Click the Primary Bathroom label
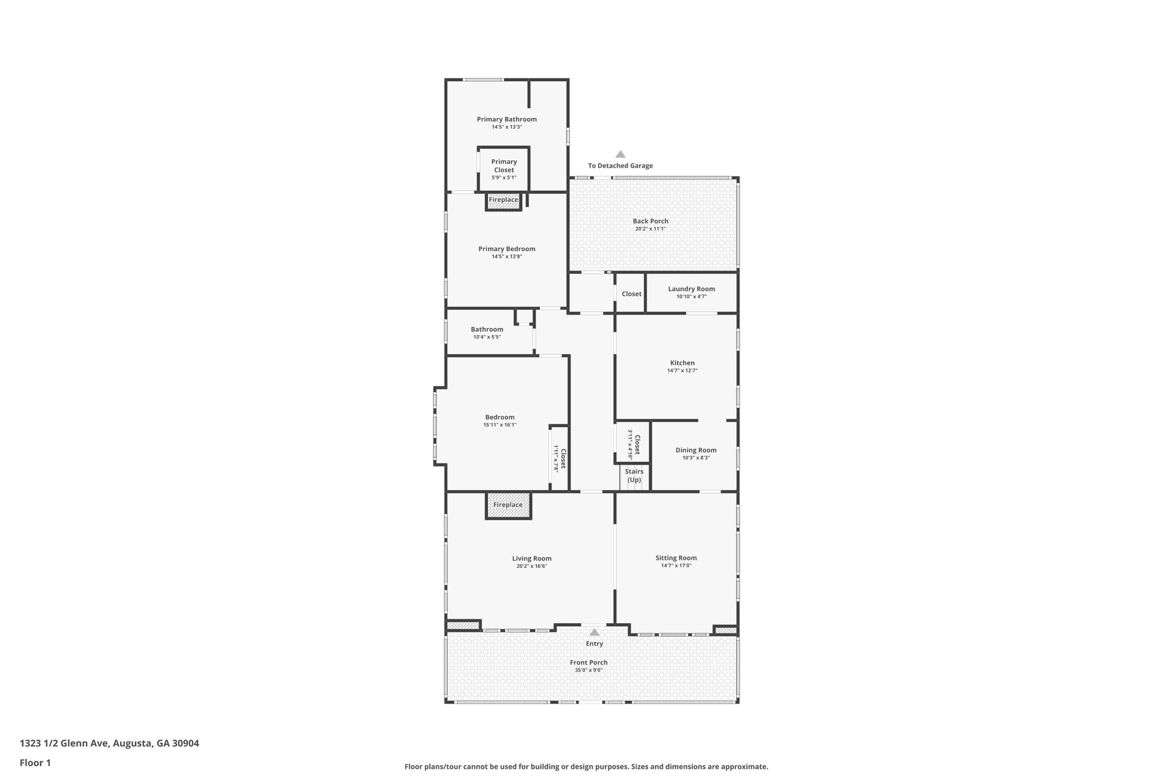coord(507,119)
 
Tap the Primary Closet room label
coord(504,166)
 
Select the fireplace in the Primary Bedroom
coord(503,202)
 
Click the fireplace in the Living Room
coord(509,505)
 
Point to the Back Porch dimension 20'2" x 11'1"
coord(651,229)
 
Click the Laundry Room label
coord(691,289)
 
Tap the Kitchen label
coord(682,363)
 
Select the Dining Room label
coord(696,450)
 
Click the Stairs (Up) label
coord(634,476)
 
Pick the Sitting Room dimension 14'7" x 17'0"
coord(676,565)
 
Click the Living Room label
coord(532,558)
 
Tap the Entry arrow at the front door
coord(595,632)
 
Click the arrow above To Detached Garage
coord(620,154)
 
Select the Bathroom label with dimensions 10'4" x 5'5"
coord(487,329)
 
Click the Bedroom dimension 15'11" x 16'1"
coord(500,425)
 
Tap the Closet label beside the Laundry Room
coord(632,294)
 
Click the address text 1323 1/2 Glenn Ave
coord(65,743)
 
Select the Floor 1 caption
coord(36,763)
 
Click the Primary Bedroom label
coord(507,249)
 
